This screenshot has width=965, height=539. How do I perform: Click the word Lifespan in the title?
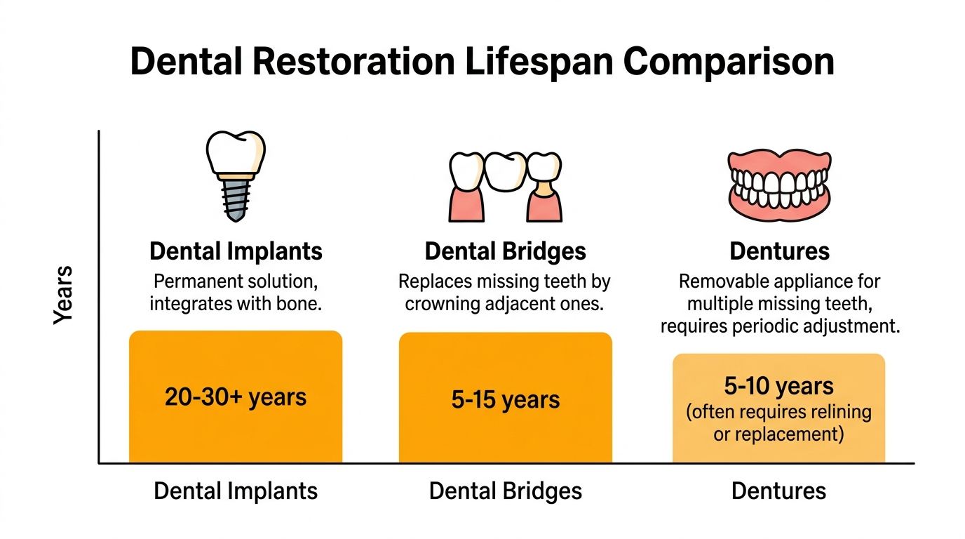point(537,62)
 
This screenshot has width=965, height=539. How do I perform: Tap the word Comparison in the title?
point(729,62)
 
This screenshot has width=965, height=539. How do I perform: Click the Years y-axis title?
point(64,294)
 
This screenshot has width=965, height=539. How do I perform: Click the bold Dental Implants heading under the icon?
point(236,251)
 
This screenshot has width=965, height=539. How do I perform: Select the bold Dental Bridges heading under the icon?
point(505,251)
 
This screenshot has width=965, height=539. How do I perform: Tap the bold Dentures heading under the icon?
point(779,251)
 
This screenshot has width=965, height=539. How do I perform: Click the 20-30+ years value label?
point(236,397)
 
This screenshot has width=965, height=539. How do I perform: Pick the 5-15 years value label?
point(505,400)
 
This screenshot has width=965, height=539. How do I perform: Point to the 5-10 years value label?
point(779,387)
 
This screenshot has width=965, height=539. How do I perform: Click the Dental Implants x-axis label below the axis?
point(236,491)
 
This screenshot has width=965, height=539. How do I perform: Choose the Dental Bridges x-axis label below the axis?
point(505,491)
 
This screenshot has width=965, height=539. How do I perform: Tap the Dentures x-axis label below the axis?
point(779,491)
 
